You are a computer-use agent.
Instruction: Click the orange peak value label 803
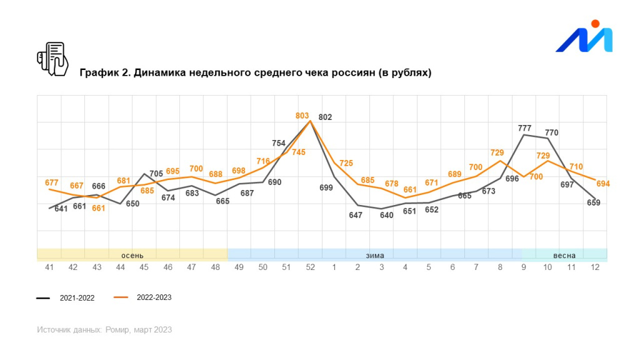(302, 116)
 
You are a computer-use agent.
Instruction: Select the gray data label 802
(325, 117)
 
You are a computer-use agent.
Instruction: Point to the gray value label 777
(524, 128)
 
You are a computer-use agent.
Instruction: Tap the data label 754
(279, 143)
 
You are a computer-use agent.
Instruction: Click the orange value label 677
(52, 182)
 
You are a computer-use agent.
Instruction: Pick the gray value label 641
(61, 209)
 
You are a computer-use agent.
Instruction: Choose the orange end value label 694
(602, 184)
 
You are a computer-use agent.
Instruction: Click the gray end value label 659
(593, 202)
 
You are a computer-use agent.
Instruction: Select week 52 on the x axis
(310, 267)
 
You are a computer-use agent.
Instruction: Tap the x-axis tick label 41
(49, 267)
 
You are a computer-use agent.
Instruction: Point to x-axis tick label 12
(595, 267)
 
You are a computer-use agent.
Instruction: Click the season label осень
(132, 255)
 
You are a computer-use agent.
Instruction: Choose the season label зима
(374, 255)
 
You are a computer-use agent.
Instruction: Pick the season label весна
(564, 255)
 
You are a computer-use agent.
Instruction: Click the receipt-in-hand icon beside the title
(52, 59)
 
